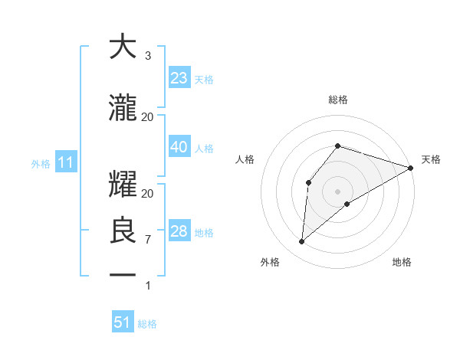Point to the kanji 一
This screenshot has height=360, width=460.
coord(123,274)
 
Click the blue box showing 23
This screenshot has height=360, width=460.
coord(179,78)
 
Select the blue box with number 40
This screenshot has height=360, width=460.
coord(179,147)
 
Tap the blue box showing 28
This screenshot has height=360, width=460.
coord(179,231)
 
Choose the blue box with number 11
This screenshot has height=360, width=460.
coord(66,162)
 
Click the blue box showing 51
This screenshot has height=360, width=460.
coord(123,322)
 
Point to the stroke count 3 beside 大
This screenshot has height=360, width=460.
coord(147,56)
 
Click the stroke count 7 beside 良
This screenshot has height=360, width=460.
coord(147,240)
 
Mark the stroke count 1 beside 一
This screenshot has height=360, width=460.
coord(147,286)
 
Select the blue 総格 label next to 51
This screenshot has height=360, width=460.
coord(147,324)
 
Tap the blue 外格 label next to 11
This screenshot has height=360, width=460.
coord(41,163)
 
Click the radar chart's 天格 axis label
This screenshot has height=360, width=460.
coord(431,159)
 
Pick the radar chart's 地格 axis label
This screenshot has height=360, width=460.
coord(402,262)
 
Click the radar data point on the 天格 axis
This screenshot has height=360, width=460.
coord(411,168)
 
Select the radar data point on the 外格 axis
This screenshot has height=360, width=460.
coord(302,242)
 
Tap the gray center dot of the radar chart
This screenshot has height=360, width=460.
coord(337,191)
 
